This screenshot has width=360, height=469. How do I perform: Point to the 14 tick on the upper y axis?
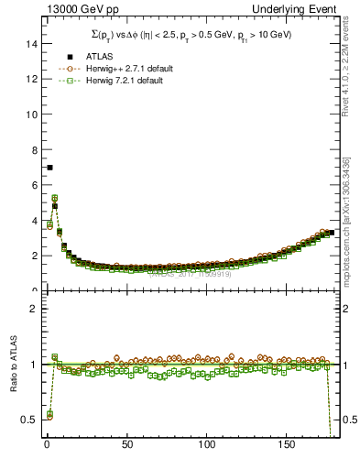31,44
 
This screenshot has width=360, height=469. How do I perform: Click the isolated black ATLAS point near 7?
49,168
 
